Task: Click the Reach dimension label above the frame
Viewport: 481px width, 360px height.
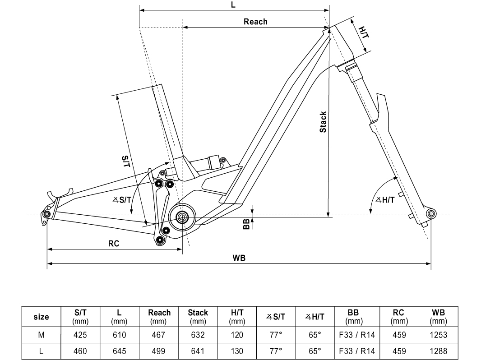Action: (255, 22)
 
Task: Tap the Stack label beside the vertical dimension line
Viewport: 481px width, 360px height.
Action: (323, 122)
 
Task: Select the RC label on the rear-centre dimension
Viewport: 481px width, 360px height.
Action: (114, 244)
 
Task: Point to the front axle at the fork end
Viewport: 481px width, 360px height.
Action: (430, 213)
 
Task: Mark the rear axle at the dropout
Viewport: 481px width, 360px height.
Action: (46, 214)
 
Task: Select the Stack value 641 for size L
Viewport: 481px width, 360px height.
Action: (198, 351)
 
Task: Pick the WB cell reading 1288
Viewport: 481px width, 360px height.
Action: (438, 351)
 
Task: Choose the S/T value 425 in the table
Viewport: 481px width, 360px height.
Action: (80, 335)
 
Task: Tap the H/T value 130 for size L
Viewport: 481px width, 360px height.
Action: (236, 351)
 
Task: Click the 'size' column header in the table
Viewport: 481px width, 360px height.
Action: (41, 317)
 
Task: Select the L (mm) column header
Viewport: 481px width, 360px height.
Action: (119, 317)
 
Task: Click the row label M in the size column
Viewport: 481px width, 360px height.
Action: (41, 335)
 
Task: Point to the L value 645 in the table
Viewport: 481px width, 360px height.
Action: (119, 351)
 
